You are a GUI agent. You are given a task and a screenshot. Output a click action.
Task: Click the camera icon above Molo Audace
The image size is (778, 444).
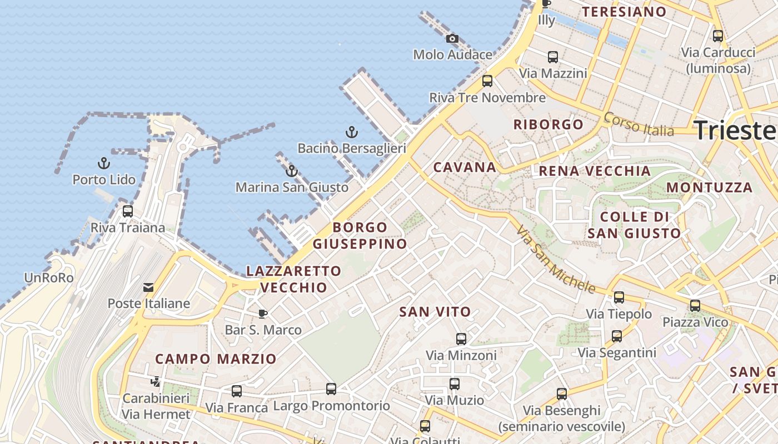[452, 38]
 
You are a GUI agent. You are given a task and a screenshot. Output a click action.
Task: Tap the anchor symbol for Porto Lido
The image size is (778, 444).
[103, 163]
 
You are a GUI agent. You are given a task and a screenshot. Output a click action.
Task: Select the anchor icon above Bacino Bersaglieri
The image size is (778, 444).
[351, 132]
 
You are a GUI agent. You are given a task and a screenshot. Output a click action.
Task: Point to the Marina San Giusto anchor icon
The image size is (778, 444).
[292, 171]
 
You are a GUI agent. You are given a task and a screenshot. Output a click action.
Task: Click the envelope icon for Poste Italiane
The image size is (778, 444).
[148, 287]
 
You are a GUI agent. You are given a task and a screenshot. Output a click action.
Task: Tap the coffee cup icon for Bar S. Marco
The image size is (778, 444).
[263, 314]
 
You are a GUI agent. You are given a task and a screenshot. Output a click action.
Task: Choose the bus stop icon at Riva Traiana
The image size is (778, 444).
[128, 211]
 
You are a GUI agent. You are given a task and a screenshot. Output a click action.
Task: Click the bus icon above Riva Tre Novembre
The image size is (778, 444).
[487, 81]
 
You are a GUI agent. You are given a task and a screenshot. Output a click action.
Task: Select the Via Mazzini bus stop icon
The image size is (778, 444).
[553, 57]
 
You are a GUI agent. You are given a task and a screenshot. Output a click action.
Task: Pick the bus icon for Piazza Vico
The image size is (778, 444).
[695, 306]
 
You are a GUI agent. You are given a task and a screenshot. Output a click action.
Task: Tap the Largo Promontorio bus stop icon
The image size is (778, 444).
[331, 389]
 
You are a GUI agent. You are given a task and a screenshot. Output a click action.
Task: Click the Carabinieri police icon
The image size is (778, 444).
[156, 382]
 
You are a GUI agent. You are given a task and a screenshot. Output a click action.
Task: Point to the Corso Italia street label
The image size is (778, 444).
[639, 124]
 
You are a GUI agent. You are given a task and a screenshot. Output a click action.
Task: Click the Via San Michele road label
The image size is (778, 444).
[555, 259]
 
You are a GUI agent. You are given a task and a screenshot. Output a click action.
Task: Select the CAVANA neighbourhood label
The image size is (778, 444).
[465, 167]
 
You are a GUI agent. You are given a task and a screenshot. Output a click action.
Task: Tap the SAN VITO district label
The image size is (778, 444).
[435, 312]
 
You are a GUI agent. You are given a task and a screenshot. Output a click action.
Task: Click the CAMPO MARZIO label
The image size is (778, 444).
[216, 359]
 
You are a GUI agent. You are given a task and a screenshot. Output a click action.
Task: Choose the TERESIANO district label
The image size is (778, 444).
[624, 12]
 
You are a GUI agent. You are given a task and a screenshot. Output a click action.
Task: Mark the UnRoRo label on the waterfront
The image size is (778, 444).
[49, 278]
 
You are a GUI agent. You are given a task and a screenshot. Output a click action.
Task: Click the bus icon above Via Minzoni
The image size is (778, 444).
[461, 339]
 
